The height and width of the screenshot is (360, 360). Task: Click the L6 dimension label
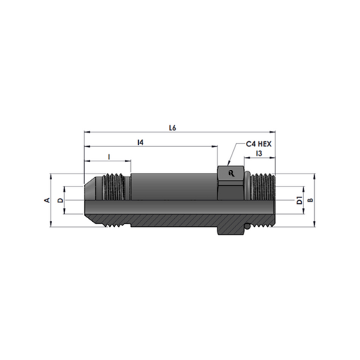pyautogui.click(x=173, y=128)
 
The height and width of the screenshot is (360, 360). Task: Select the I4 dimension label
pyautogui.click(x=140, y=143)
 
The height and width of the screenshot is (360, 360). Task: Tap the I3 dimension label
pyautogui.click(x=259, y=153)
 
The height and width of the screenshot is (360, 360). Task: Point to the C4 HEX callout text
pyautogui.click(x=258, y=144)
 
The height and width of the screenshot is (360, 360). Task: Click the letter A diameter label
pyautogui.click(x=48, y=200)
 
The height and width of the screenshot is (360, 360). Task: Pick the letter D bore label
pyautogui.click(x=60, y=200)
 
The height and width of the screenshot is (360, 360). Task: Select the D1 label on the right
pyautogui.click(x=300, y=200)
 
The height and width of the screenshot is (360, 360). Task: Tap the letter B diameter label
pyautogui.click(x=310, y=200)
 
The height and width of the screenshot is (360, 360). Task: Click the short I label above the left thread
pyautogui.click(x=109, y=157)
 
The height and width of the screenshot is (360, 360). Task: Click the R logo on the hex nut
pyautogui.click(x=231, y=174)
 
